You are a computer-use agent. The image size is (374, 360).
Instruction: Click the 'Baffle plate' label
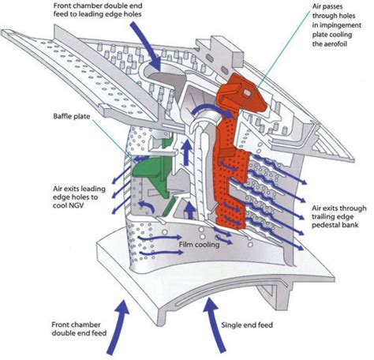pyautogui.click(x=72, y=117)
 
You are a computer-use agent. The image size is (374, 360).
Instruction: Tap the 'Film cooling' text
pyautogui.click(x=199, y=245)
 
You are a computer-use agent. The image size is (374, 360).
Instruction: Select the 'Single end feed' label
pyautogui.click(x=247, y=325)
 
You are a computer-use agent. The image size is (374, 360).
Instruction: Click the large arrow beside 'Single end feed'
pyautogui.click(x=215, y=325)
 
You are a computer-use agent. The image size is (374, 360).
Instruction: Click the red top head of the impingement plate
pyautogui.click(x=241, y=92)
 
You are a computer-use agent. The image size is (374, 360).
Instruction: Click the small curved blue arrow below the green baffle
pyautogui.click(x=148, y=206)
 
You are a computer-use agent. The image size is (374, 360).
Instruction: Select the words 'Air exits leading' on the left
pyautogui.click(x=79, y=189)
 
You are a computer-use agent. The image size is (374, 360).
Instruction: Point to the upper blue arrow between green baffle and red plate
pyautogui.click(x=186, y=152)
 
